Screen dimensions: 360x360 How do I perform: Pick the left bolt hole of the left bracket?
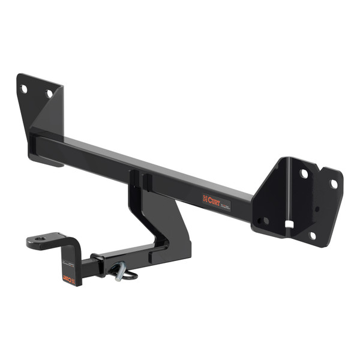tap(25, 89)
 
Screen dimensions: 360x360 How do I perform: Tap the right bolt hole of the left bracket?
tap(50, 94)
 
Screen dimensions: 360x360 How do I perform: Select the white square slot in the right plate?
tap(289, 225)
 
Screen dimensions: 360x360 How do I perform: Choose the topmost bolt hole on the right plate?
tap(304, 173)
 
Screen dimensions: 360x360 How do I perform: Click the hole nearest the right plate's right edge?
tap(334, 184)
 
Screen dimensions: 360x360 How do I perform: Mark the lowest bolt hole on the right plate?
tap(311, 236)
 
